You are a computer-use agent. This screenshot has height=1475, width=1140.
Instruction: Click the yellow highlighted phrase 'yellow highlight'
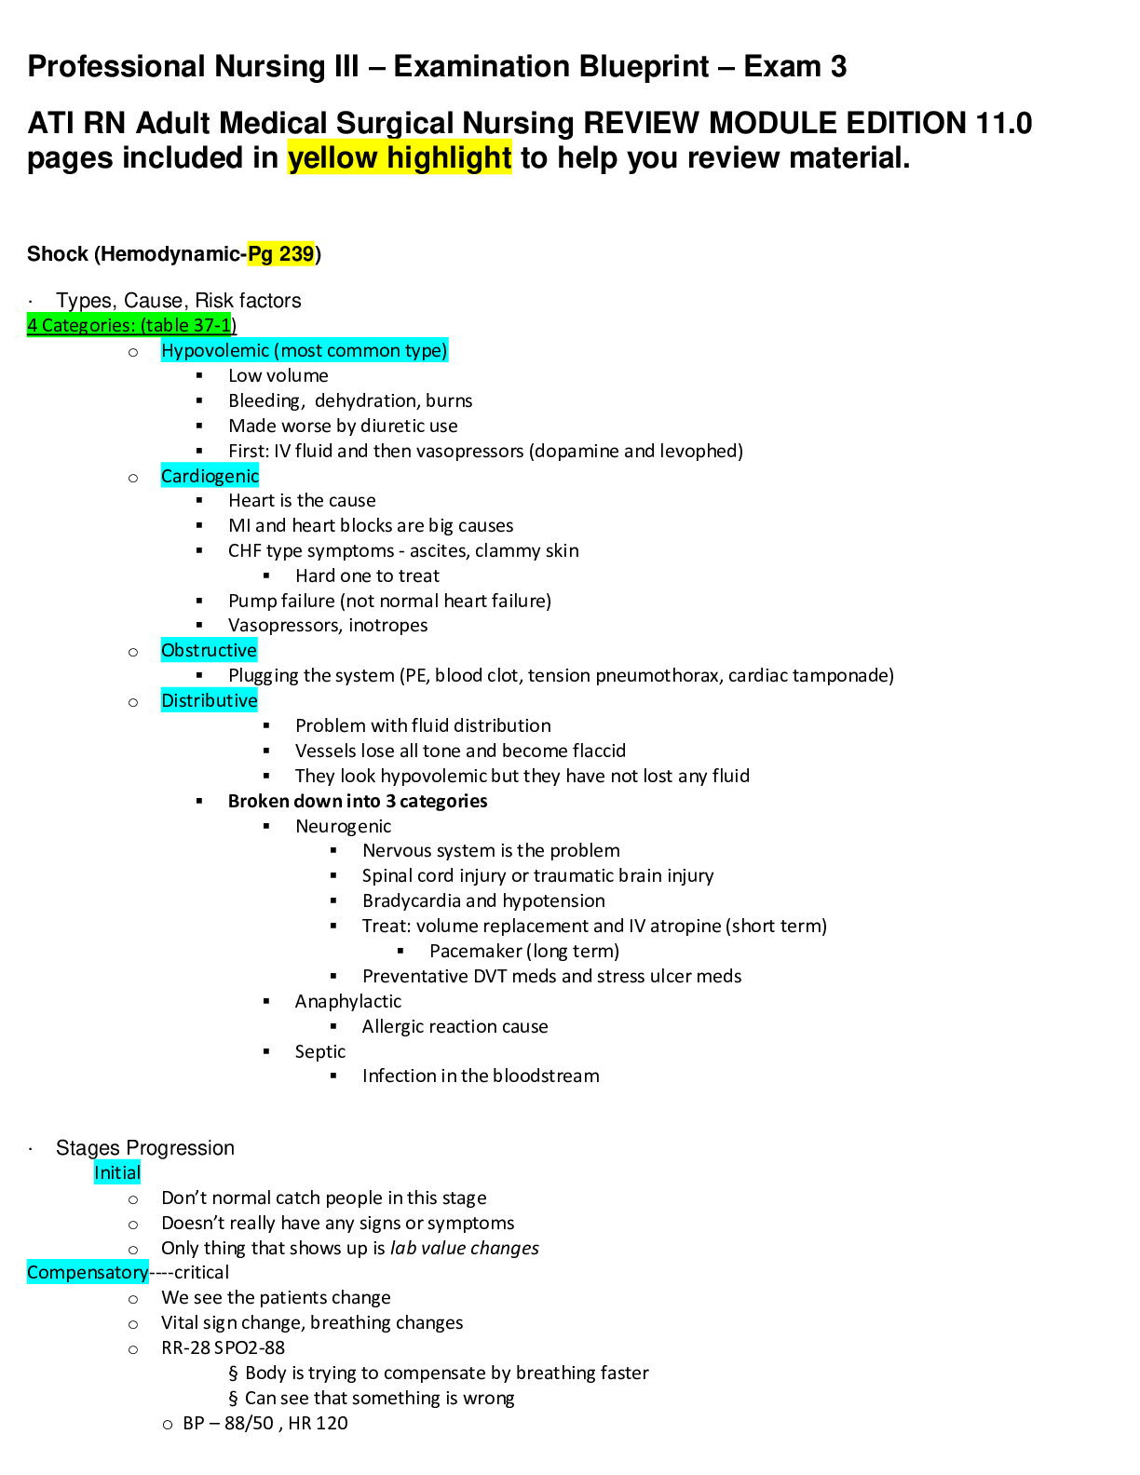(x=400, y=158)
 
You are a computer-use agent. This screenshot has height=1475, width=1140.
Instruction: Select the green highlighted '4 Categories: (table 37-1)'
(x=131, y=325)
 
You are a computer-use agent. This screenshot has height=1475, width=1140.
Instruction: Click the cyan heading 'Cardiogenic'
(x=210, y=477)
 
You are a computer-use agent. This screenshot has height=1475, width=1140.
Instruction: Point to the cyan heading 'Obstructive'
(x=209, y=651)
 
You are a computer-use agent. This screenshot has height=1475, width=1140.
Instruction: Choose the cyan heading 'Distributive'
(x=209, y=701)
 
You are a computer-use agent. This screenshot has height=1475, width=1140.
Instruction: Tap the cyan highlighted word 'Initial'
(x=116, y=1173)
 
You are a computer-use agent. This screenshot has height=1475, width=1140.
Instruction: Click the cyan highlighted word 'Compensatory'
(x=88, y=1273)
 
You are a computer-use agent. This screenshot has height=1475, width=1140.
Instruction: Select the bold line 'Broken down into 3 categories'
(x=358, y=802)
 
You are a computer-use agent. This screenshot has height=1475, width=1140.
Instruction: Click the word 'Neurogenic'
(x=343, y=827)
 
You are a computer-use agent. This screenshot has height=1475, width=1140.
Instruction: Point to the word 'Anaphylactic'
(x=348, y=1002)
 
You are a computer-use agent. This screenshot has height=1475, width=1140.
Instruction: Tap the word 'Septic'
(x=320, y=1052)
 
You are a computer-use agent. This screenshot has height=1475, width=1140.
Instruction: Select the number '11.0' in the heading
(x=1004, y=123)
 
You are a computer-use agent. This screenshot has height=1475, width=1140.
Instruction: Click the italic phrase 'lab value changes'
(x=464, y=1249)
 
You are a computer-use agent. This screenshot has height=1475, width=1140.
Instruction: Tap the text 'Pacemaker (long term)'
(x=524, y=952)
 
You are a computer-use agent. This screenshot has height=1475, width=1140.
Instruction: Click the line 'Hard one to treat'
(x=368, y=576)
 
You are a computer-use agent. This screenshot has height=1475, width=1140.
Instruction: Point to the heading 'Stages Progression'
(x=145, y=1148)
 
